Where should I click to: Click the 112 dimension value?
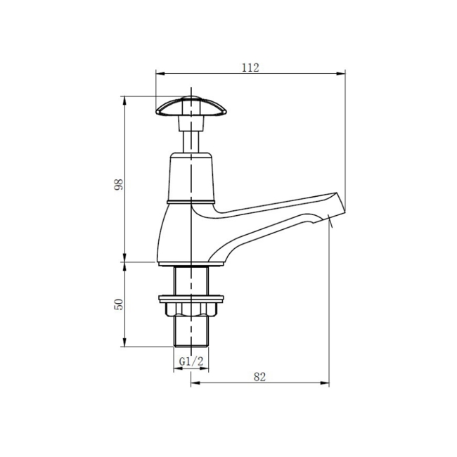click(250, 67)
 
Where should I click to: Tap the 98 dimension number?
click(119, 184)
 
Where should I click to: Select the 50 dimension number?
click(119, 304)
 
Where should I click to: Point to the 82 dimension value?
click(259, 377)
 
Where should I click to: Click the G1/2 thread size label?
click(191, 361)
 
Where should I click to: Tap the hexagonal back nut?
click(191, 309)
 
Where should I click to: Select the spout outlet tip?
click(337, 207)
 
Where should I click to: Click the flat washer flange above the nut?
click(191, 297)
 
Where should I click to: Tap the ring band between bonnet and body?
click(191, 202)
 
